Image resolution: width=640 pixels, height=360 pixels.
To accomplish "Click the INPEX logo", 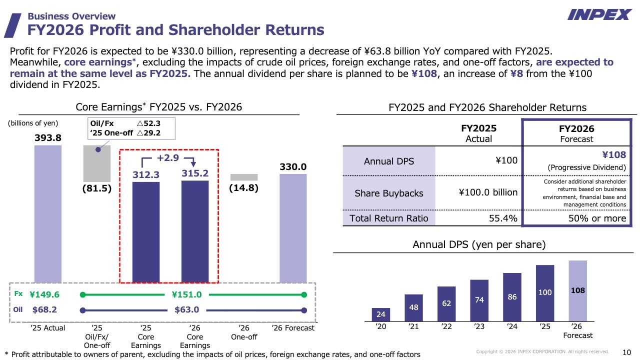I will coord(599,14).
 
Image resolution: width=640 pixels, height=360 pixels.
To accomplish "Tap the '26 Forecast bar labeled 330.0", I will coord(293,228).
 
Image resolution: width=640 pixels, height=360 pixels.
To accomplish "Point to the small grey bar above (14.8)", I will coord(244,177).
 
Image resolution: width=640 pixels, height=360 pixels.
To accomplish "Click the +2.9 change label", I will coord(167,158).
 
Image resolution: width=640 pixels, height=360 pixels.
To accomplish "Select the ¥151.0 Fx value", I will coord(186,295).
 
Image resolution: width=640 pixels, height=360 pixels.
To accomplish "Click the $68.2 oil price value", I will coord(44,309).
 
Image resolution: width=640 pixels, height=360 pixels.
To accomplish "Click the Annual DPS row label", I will coord(389,161).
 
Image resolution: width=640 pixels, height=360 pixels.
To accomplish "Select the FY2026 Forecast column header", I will coord(576,133).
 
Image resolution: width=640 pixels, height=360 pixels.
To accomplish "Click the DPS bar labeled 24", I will coord(381,314).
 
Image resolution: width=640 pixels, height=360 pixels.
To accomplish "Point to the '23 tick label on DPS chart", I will coord(479,327).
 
